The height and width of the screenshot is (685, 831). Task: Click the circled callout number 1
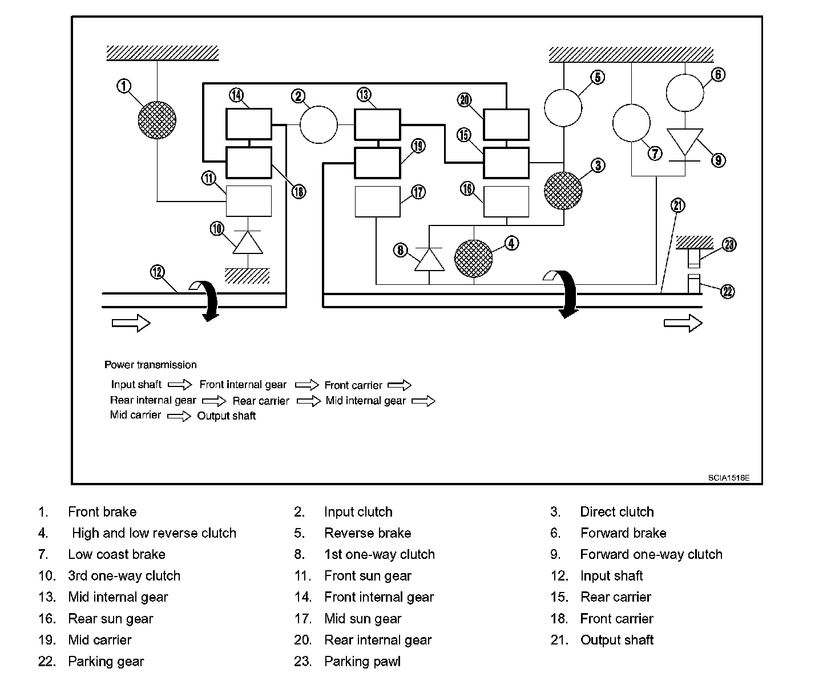click(x=124, y=86)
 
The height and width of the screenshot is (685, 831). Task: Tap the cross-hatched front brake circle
click(x=157, y=120)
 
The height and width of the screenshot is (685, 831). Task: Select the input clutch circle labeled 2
click(x=318, y=124)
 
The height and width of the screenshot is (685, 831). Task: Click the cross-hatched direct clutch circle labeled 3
click(x=563, y=190)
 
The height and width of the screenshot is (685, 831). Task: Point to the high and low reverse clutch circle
click(x=473, y=259)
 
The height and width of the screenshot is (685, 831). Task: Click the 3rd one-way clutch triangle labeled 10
click(x=248, y=243)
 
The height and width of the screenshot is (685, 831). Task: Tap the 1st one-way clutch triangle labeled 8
click(x=429, y=260)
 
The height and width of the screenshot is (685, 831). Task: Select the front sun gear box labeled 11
click(x=249, y=201)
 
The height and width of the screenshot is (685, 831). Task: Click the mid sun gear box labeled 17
click(x=377, y=202)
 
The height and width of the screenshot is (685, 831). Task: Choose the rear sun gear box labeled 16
click(x=506, y=202)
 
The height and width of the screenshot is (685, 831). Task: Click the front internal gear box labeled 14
click(x=249, y=124)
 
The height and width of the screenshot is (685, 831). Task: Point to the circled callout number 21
click(x=678, y=205)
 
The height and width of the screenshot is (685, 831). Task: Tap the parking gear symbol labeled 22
click(x=693, y=284)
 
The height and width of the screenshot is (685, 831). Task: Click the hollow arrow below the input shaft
click(x=131, y=323)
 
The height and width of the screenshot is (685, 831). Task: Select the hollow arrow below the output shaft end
click(x=683, y=323)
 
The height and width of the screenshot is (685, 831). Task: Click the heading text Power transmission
click(x=151, y=365)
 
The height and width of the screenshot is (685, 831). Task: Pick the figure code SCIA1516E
click(x=728, y=478)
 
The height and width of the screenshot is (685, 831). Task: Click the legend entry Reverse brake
click(x=368, y=533)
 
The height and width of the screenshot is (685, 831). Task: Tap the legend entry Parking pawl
click(x=362, y=661)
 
